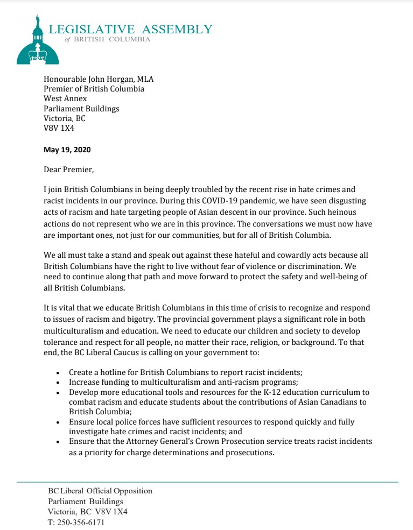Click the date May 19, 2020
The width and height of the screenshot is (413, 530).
67,150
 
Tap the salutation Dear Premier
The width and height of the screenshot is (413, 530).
68,170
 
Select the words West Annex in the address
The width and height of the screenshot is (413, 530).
64,99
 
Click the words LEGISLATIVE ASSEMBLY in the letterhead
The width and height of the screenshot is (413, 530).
130,29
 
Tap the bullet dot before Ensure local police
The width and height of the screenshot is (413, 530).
58,422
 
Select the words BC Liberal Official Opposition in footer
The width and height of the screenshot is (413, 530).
100,491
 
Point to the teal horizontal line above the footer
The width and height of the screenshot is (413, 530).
208,482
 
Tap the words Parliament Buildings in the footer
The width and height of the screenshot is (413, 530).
86,501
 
